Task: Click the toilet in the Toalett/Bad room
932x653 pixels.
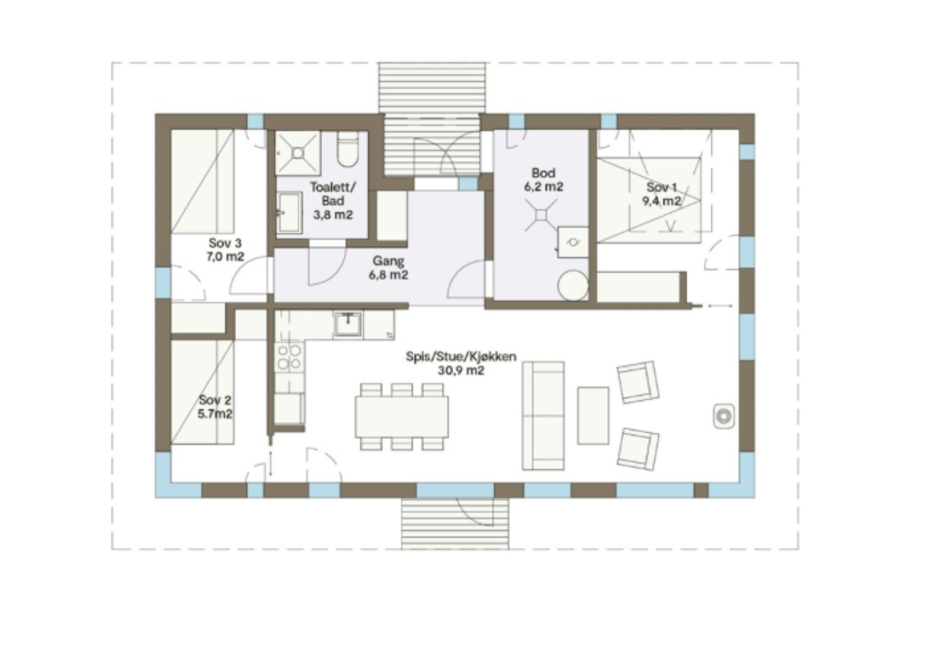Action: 348,151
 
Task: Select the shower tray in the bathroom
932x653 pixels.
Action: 298,153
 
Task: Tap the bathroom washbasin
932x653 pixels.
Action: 289,213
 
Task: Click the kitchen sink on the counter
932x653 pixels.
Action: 348,324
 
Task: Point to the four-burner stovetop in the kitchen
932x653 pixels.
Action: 290,356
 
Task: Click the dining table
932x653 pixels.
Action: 402,416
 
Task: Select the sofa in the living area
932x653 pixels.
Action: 543,415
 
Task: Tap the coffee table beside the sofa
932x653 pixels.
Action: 593,415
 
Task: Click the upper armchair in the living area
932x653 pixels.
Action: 638,382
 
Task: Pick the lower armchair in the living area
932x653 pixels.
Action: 638,449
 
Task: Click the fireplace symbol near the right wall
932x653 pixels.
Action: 723,416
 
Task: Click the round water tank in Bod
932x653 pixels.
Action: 573,285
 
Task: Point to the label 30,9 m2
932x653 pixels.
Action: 461,370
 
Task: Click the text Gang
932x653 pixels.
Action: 388,261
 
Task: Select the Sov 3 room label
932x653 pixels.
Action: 225,243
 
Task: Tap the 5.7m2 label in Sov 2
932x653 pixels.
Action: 215,414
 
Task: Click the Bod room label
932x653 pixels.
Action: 543,173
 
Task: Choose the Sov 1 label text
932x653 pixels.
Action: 662,188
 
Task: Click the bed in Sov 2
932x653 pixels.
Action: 202,392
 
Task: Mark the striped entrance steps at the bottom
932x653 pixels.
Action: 454,524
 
